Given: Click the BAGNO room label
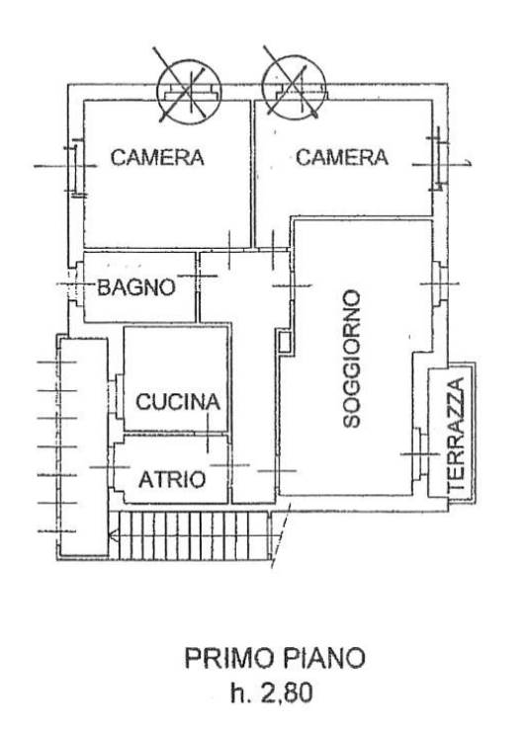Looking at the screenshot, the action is [136, 287].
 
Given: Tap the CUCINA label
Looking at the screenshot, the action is [178, 402].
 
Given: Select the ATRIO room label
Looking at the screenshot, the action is [172, 479].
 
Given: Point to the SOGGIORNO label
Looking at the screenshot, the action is [351, 359].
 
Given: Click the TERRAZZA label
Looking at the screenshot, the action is [456, 436].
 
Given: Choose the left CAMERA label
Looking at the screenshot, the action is [157, 157].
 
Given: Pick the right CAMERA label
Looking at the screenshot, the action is [342, 157].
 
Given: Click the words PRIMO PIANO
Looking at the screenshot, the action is [275, 658].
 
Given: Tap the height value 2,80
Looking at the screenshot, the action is [287, 693].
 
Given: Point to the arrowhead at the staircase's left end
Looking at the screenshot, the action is [112, 537].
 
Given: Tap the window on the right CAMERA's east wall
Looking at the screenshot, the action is [438, 158].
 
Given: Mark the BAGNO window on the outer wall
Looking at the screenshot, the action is [74, 284].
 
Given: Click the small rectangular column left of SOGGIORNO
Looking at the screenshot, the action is [285, 341].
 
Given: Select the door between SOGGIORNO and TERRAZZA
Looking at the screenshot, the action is [420, 454].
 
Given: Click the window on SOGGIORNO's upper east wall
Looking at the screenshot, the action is [440, 283].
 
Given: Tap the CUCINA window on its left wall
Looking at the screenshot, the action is [116, 390].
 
